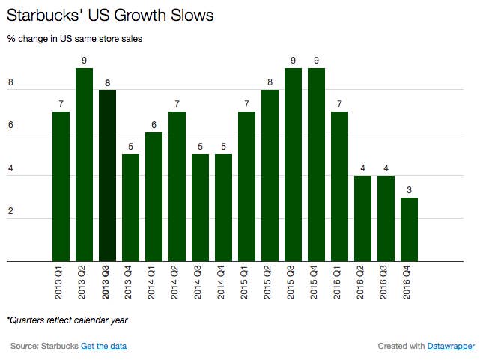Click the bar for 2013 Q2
point(85,165)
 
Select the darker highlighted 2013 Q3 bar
point(108,175)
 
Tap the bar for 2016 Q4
point(409,230)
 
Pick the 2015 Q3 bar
point(294,165)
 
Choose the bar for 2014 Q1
point(154,197)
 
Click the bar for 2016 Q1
point(339,186)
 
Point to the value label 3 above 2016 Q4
point(409,190)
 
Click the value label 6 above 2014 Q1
point(154,125)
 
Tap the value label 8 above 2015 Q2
point(270,82)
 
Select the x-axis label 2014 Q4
point(221,282)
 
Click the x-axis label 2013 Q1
point(58,282)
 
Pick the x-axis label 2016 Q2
point(360,282)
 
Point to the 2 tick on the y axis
point(10,211)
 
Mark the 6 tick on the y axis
point(10,125)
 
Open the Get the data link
point(103,346)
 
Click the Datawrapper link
point(451,346)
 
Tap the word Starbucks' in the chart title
point(43,15)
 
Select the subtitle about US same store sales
point(74,39)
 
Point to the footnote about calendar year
point(67,320)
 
